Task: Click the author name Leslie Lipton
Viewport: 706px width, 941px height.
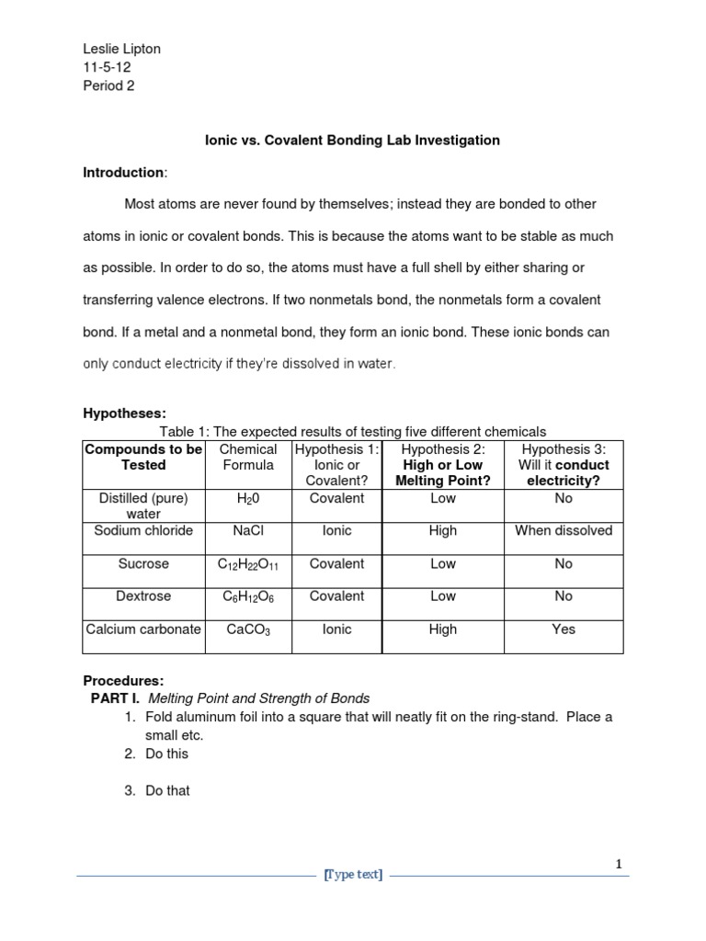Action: click(121, 49)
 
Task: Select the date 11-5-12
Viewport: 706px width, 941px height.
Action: click(108, 67)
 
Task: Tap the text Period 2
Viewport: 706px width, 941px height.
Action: click(108, 85)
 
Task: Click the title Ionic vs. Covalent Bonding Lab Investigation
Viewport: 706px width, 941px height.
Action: click(352, 141)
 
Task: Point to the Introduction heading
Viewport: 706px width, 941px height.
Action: click(124, 173)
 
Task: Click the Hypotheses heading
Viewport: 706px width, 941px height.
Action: click(124, 414)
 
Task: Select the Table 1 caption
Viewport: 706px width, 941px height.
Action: click(353, 431)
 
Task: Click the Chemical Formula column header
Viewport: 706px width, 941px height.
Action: click(248, 457)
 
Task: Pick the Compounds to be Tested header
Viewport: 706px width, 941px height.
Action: click(143, 457)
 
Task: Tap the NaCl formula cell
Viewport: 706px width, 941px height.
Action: click(248, 530)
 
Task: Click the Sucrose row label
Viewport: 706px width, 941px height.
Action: click(143, 563)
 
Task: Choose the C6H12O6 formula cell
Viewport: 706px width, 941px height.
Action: click(248, 596)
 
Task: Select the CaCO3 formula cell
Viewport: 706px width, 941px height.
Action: click(248, 629)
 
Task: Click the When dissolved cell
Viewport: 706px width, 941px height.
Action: click(564, 530)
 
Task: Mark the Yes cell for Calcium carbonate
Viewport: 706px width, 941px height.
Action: click(564, 629)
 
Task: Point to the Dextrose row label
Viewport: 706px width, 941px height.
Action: click(143, 596)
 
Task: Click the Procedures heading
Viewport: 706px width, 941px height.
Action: click(123, 681)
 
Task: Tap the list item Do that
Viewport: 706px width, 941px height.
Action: click(167, 790)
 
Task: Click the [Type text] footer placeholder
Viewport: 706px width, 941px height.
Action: click(354, 876)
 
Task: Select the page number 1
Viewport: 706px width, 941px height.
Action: click(619, 864)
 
